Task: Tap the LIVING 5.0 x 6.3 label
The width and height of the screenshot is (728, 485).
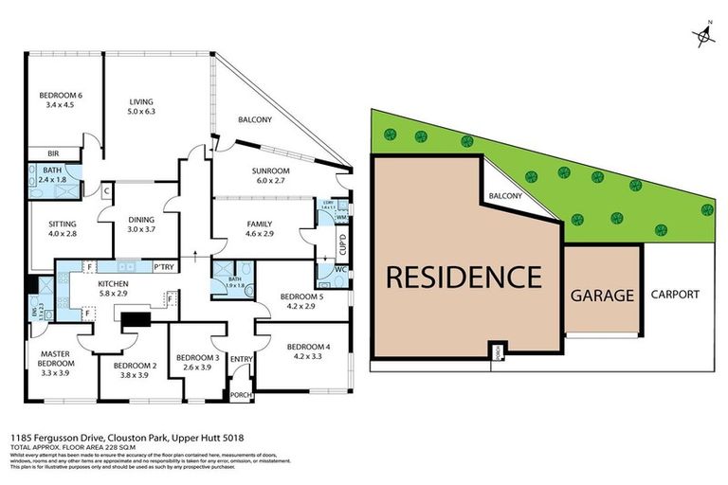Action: [141, 107]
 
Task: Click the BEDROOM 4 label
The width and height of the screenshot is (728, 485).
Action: [308, 351]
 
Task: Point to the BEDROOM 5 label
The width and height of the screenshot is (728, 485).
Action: [301, 301]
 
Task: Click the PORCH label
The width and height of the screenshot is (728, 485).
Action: [242, 394]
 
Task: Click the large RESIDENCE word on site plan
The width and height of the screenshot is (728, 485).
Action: [464, 277]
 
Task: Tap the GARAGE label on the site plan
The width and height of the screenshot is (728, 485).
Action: [601, 295]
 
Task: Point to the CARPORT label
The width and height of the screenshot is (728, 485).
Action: [675, 295]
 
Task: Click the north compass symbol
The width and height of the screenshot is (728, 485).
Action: [704, 37]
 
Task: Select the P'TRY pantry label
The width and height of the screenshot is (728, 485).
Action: [152, 266]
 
